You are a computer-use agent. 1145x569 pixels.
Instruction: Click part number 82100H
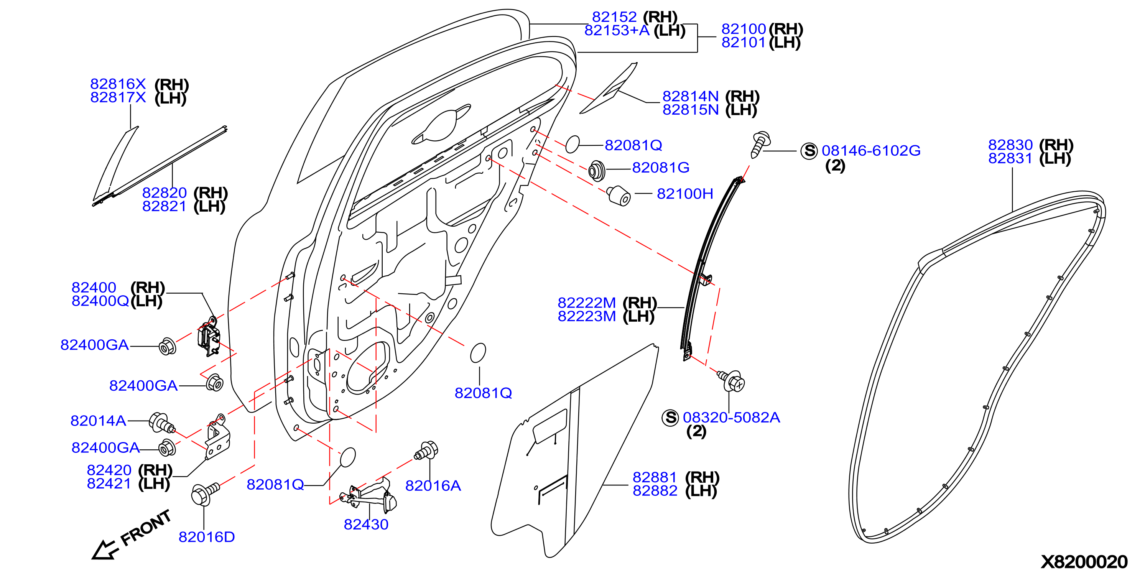[684, 194]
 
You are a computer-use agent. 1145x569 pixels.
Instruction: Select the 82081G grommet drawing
[597, 171]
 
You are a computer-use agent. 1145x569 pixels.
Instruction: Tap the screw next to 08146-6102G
[760, 144]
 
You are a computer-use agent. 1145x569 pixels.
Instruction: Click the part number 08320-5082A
[731, 418]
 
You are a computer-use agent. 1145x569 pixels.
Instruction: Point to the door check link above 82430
[368, 495]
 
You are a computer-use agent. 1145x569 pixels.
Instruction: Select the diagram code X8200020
[1084, 561]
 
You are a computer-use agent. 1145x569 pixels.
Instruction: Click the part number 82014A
[98, 421]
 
